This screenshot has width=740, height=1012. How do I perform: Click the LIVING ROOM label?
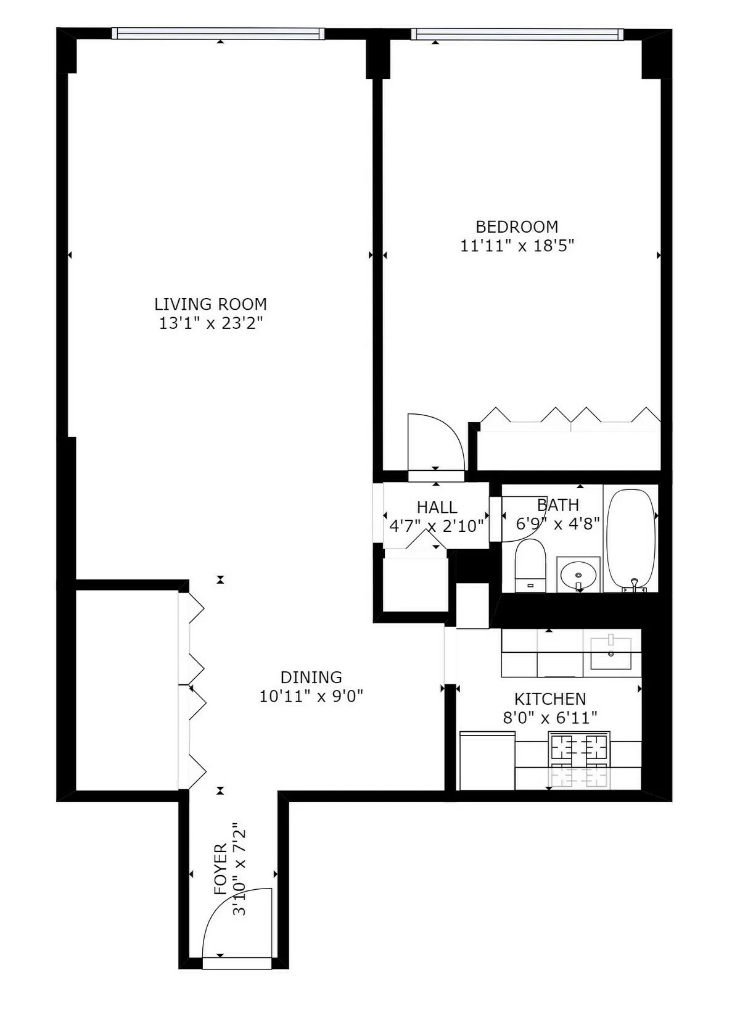(x=210, y=304)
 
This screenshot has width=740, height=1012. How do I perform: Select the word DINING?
(x=311, y=678)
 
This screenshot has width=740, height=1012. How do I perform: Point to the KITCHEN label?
(x=550, y=699)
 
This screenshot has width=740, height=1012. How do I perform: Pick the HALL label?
(x=437, y=507)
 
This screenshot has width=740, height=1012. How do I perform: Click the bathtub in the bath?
(x=630, y=537)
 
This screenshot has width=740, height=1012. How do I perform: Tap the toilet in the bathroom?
(x=530, y=565)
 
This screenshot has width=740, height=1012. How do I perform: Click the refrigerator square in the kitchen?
(x=487, y=760)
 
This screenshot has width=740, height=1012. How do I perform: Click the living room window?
(x=218, y=34)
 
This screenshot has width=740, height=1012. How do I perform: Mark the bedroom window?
(x=517, y=34)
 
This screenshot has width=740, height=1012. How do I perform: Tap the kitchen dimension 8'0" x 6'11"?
(x=550, y=718)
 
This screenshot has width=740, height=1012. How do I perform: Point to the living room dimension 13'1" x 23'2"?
(x=211, y=323)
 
